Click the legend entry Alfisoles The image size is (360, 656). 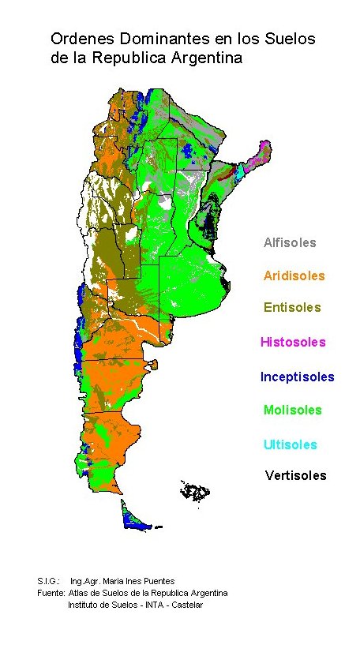click(x=290, y=242)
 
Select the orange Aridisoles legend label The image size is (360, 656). click(x=294, y=276)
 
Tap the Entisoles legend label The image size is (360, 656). click(x=292, y=307)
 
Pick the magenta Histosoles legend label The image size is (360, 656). click(x=293, y=342)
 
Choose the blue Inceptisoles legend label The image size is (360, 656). click(x=297, y=377)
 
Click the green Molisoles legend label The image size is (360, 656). click(x=292, y=410)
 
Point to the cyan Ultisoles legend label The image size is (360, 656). click(x=291, y=444)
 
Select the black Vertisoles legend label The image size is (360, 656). click(x=295, y=475)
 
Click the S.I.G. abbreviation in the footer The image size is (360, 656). click(x=49, y=581)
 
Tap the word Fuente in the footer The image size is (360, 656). click(x=51, y=593)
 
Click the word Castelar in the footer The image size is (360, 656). click(x=186, y=605)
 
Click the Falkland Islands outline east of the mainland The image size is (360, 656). click(x=195, y=491)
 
